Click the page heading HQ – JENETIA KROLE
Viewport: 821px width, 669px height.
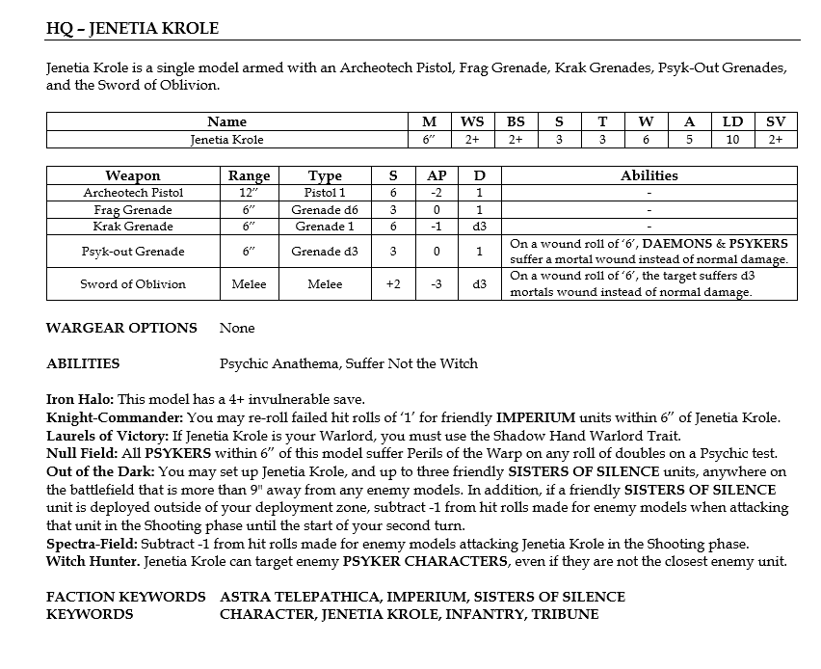tap(133, 28)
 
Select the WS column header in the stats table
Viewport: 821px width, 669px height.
tap(472, 121)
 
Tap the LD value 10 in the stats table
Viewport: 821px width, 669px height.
tap(732, 139)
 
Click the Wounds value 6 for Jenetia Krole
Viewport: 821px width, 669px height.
tap(646, 139)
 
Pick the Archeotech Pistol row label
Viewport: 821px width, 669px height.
tap(133, 193)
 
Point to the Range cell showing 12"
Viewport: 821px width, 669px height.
tap(249, 193)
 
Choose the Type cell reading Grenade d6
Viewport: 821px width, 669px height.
tap(325, 209)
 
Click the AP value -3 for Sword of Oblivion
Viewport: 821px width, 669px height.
tap(436, 283)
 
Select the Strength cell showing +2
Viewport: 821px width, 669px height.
tap(393, 283)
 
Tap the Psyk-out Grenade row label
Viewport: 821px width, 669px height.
tap(133, 251)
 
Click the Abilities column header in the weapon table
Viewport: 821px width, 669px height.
tap(649, 175)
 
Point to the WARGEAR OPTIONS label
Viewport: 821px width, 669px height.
tap(121, 328)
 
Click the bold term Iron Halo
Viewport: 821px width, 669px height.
tap(79, 399)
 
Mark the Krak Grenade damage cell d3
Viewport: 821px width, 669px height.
tap(480, 227)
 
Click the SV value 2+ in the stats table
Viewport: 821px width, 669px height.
tap(776, 139)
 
